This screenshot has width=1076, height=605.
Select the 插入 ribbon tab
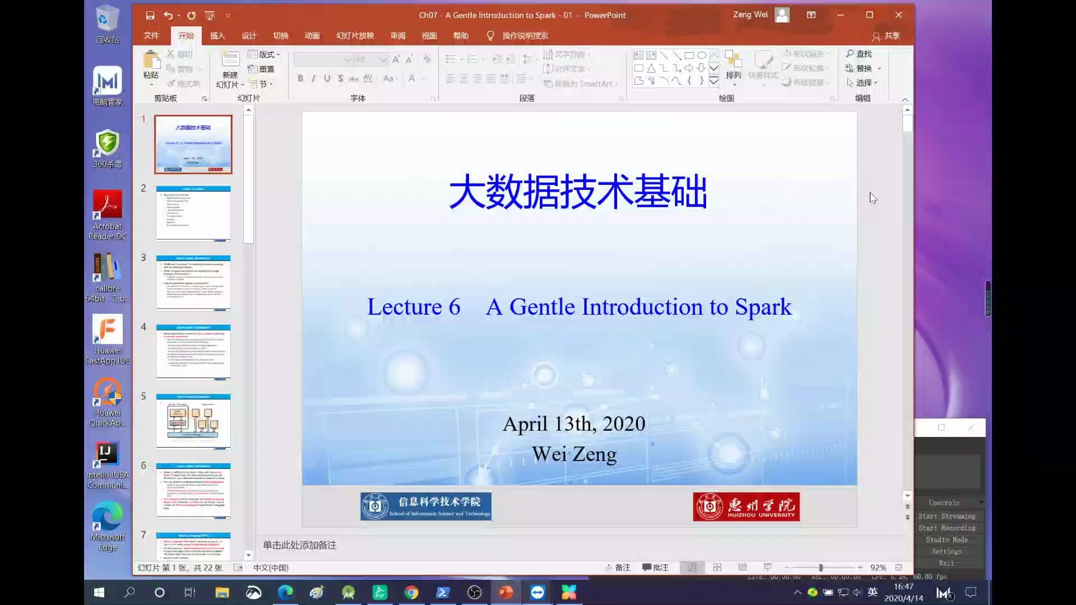coord(217,36)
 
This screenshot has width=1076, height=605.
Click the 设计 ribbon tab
coord(249,36)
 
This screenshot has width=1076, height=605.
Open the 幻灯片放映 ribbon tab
coord(355,36)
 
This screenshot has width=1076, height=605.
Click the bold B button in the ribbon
coord(300,78)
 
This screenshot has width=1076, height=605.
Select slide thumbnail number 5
coord(193,421)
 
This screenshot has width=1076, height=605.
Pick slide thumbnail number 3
coord(193,282)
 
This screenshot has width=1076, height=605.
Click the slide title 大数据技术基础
coord(578,192)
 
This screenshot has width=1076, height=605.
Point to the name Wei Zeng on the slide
coord(574,454)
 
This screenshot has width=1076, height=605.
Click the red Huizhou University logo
coord(746,506)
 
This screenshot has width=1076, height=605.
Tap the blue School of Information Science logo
coord(426,506)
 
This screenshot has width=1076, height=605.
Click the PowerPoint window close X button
coord(898,15)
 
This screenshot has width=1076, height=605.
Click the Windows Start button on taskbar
coord(99,592)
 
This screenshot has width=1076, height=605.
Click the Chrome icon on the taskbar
coord(411,592)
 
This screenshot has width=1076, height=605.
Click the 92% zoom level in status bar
coord(878,567)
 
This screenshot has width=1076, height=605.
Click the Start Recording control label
coord(947,528)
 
